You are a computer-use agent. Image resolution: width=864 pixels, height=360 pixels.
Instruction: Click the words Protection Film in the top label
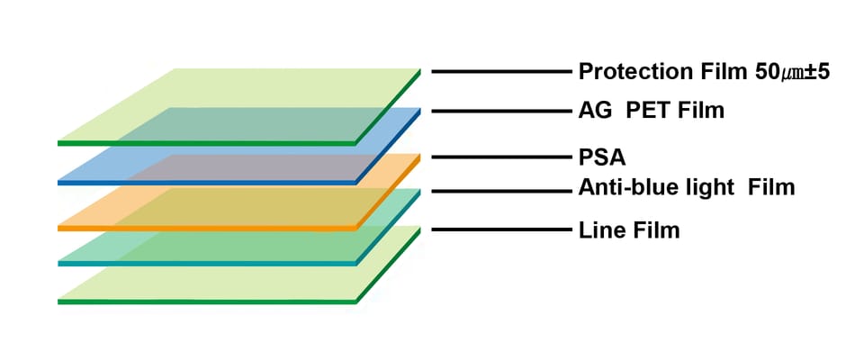662,71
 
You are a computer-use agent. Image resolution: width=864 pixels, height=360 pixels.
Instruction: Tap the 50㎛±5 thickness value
790,71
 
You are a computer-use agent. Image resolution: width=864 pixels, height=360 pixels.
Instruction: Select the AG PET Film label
651,112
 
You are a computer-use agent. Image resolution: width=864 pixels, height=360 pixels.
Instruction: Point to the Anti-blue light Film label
686,188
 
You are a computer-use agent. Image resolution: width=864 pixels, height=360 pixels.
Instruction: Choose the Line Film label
628,230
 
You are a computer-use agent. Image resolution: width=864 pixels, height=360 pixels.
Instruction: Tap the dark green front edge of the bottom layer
207,301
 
